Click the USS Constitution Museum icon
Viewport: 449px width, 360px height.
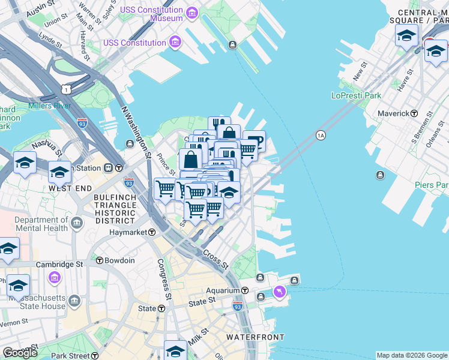[191, 13]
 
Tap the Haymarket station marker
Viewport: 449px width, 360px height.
[152, 232]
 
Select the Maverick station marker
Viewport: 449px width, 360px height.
[414, 113]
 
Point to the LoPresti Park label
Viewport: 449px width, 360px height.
[356, 95]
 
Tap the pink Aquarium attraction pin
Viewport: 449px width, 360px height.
[279, 292]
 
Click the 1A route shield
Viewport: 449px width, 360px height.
[321, 135]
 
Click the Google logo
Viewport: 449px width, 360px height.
[20, 353]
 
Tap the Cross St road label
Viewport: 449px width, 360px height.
[215, 259]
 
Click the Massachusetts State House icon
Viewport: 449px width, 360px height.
[74, 301]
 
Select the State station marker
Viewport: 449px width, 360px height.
[161, 308]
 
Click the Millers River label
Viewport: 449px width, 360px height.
[49, 106]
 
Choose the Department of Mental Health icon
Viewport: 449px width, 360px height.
[77, 224]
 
